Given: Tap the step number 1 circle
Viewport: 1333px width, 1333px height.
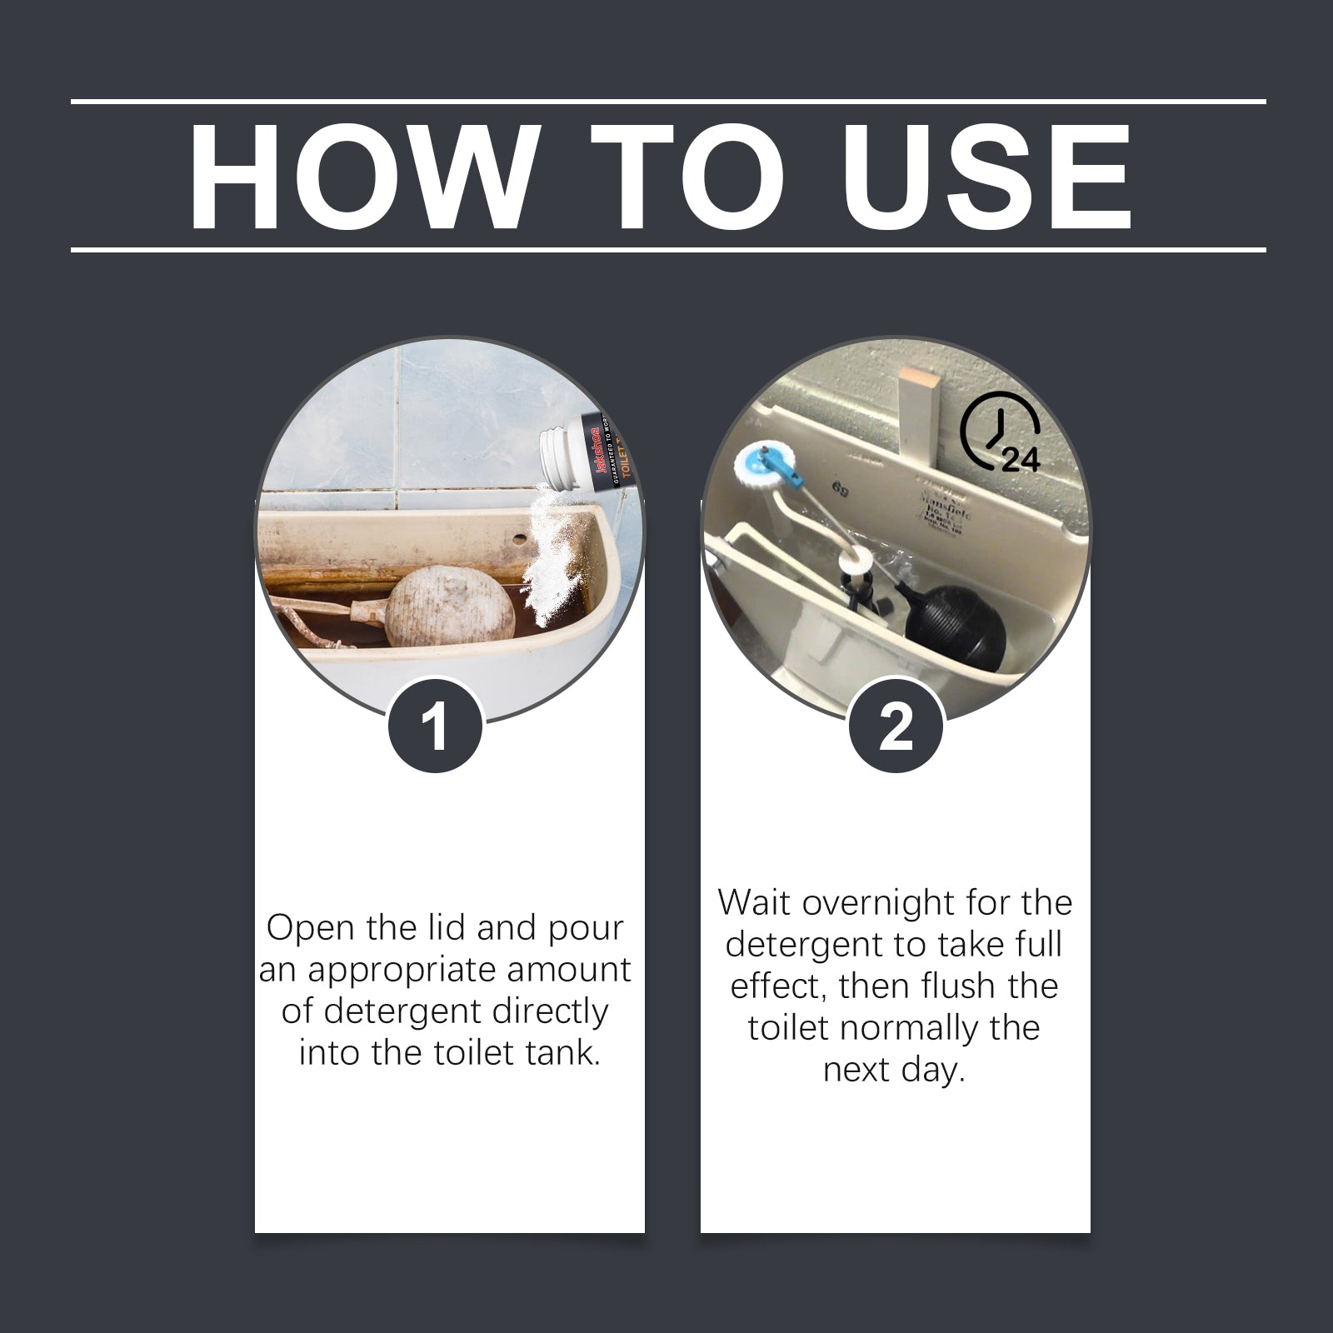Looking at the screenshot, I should (x=435, y=726).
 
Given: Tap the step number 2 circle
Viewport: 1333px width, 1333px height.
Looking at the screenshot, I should (x=896, y=726).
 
